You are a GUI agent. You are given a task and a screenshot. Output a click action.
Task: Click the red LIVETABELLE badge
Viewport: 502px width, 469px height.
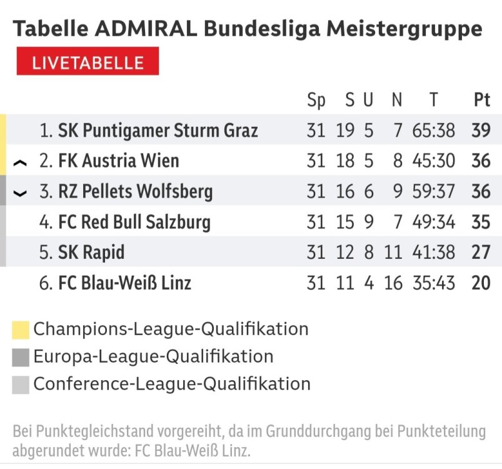pos(88,62)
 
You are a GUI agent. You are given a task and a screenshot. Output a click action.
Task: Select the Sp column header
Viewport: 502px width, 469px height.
pos(316,100)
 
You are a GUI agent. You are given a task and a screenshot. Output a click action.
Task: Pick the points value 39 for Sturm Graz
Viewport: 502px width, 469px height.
pos(481,131)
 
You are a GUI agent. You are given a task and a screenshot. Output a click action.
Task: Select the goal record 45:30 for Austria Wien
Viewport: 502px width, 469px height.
pos(434,161)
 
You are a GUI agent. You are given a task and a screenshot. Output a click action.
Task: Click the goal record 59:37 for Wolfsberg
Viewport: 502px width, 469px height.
pos(434,191)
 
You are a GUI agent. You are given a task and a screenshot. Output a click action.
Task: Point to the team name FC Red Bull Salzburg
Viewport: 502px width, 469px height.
pos(134,222)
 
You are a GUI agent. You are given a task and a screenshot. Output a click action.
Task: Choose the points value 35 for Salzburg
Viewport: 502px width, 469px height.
pos(481,222)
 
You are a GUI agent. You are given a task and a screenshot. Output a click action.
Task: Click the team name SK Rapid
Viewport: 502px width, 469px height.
pos(91,253)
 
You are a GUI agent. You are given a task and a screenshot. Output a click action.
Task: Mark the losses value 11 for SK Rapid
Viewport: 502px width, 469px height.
pos(393,253)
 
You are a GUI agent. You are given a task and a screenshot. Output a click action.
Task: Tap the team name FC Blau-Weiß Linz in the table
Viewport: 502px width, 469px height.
pos(124,283)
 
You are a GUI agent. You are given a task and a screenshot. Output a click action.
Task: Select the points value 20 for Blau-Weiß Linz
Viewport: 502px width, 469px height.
pos(481,283)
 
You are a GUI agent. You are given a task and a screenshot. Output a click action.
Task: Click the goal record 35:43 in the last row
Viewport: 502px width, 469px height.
pos(434,283)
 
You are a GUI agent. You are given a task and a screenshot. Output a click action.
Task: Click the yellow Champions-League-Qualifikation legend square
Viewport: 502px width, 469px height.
pos(21,330)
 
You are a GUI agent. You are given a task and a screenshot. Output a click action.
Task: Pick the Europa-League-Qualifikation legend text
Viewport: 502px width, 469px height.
pos(153,357)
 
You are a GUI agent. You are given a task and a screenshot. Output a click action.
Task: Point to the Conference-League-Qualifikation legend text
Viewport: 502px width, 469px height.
pos(172,384)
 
